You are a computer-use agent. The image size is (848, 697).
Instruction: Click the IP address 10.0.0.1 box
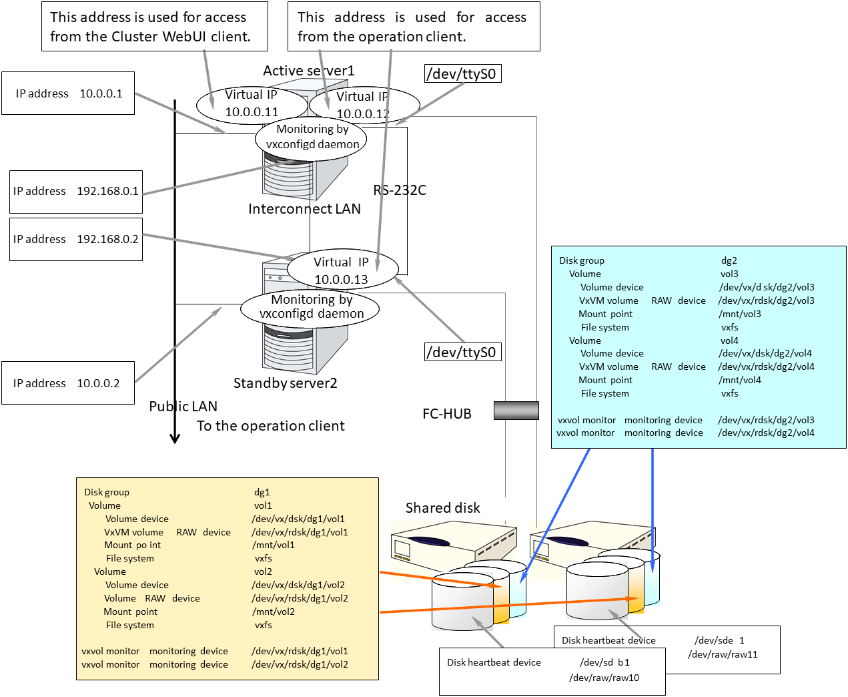(68, 93)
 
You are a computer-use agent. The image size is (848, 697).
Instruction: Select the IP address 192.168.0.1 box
(76, 192)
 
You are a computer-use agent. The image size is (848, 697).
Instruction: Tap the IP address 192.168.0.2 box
(76, 239)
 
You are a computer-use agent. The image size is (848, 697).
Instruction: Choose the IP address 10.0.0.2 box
(67, 383)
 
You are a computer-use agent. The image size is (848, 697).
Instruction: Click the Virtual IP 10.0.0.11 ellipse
(252, 104)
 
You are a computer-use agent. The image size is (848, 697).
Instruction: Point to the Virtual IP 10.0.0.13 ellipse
(342, 270)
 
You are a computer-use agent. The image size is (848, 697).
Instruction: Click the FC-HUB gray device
(516, 411)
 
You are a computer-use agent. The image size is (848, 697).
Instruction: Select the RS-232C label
(400, 190)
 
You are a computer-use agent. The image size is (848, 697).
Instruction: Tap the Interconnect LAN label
(304, 209)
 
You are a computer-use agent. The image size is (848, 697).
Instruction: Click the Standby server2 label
(285, 383)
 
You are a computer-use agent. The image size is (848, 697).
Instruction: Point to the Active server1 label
(308, 71)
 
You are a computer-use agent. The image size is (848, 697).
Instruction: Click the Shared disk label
(442, 508)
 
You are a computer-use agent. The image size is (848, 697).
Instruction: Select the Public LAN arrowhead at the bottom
(175, 438)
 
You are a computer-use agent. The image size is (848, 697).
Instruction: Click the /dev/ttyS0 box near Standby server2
(463, 352)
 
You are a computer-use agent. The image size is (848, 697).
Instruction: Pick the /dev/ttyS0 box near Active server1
(463, 73)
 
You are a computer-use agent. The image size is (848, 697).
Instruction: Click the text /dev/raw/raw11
(723, 654)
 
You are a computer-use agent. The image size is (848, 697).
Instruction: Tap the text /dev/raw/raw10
(604, 678)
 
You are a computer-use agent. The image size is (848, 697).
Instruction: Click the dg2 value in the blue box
(729, 260)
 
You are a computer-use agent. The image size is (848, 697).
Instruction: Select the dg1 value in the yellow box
(262, 492)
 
